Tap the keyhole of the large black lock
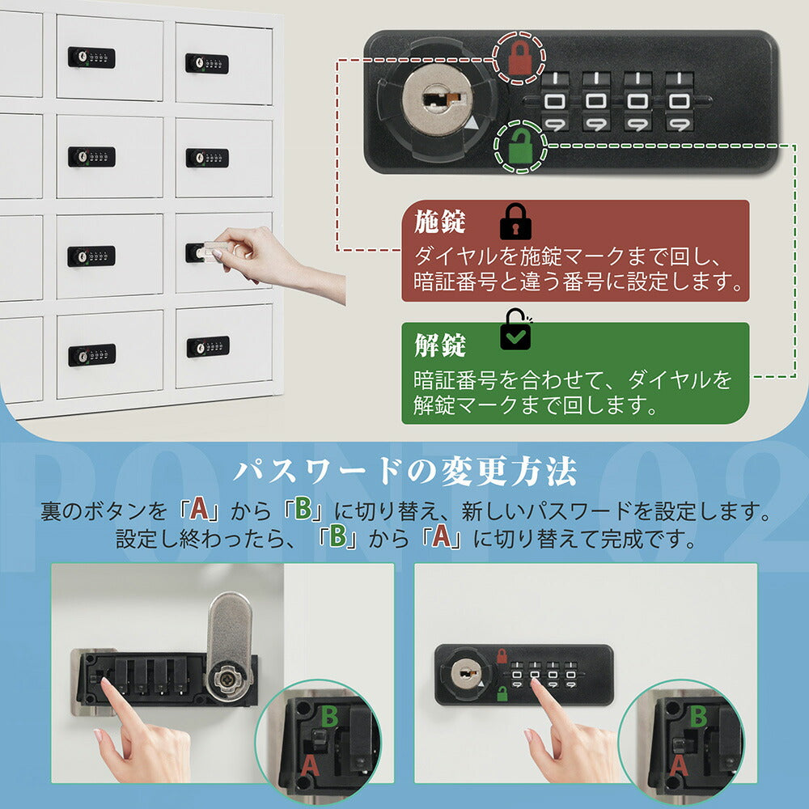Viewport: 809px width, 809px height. (437, 104)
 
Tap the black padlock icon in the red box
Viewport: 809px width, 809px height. (515, 221)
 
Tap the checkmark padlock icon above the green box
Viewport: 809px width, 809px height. (515, 330)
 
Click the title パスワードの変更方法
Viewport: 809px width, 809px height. (404, 472)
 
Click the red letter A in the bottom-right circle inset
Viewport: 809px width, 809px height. (680, 765)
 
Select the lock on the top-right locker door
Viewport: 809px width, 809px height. (207, 63)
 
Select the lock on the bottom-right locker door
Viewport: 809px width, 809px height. (208, 346)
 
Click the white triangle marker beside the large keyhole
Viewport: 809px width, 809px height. (472, 125)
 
